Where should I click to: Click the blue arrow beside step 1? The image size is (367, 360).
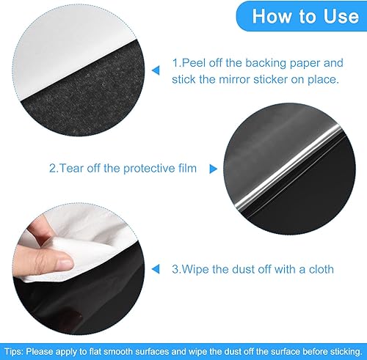155,71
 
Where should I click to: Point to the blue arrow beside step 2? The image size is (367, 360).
214,169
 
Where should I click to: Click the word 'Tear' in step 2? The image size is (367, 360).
73,169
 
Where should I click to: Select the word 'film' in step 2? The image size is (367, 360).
184,169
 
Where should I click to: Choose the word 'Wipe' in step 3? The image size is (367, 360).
199,269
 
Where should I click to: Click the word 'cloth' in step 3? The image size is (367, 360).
319,269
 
